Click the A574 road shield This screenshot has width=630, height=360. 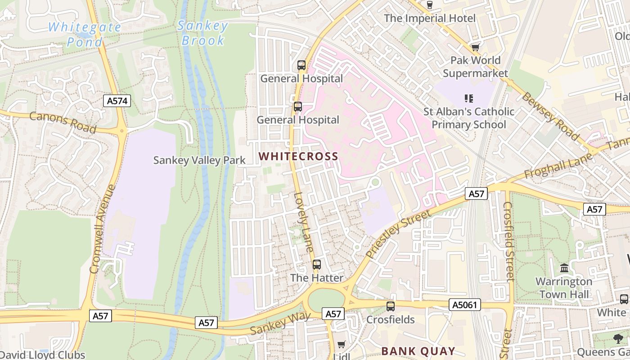click(x=118, y=101)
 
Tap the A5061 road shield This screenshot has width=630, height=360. click(x=465, y=305)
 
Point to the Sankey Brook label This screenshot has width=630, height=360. click(x=202, y=33)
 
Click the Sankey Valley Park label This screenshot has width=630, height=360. click(x=199, y=160)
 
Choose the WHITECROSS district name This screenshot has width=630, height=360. click(x=298, y=157)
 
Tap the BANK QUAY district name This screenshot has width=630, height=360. click(x=418, y=351)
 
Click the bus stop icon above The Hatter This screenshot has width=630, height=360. click(x=317, y=265)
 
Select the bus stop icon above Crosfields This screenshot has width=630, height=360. click(x=390, y=306)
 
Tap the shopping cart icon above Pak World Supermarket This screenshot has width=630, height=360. click(x=475, y=47)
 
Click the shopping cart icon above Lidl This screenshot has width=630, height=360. click(x=342, y=345)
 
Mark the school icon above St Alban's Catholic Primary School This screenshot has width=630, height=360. click(x=468, y=98)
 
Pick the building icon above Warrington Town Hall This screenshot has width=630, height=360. click(x=564, y=268)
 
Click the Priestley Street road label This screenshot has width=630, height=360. click(x=398, y=233)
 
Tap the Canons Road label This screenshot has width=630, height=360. click(x=63, y=122)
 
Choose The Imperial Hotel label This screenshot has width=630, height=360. click(x=429, y=18)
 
